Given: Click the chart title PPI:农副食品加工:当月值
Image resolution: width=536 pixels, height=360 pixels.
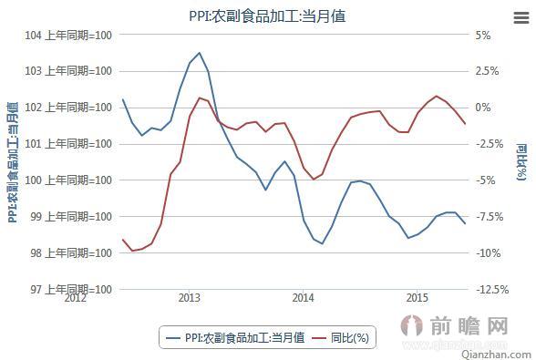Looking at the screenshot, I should [267, 15].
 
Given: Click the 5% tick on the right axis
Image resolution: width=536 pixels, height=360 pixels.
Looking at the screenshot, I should [483, 35].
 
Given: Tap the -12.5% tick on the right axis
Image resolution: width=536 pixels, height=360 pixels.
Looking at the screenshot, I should [492, 290].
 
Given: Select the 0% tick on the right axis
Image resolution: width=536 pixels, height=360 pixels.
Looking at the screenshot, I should [483, 108].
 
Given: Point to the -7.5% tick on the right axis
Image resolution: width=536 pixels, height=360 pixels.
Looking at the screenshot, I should [489, 217].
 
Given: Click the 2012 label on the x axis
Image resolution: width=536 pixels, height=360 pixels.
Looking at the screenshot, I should [76, 298].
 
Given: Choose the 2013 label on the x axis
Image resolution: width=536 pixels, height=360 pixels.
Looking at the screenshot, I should [190, 298].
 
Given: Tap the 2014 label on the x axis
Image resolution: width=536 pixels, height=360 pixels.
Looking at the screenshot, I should [304, 298].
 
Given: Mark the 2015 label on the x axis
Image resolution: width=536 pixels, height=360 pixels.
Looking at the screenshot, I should [417, 298].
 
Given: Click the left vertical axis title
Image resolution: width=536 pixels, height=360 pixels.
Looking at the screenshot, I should [13, 162].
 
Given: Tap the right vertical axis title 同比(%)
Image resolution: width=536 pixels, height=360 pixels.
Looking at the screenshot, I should [521, 162].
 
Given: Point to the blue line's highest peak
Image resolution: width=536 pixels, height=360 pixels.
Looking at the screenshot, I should [200, 53].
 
